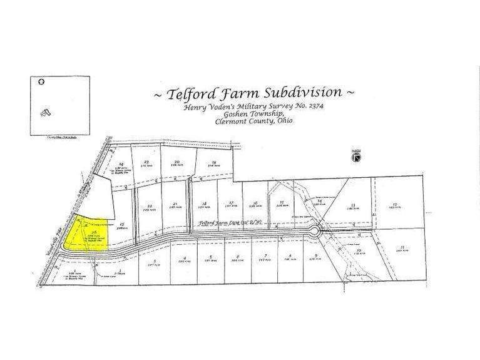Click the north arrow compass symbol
[x=355, y=158]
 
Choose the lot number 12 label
[x=395, y=204]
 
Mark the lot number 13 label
[x=353, y=205]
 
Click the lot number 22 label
[x=150, y=205]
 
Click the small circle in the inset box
[x=42, y=81]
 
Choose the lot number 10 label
[x=358, y=251]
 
